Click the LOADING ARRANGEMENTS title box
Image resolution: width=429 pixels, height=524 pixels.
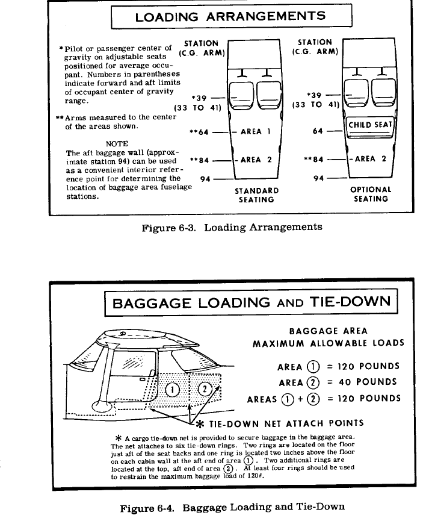(231, 16)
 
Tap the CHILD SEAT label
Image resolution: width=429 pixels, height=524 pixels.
(370, 125)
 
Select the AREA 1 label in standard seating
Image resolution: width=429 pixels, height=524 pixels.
(255, 131)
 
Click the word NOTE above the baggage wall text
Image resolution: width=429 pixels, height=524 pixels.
(117, 144)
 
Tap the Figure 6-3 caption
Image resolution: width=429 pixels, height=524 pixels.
(232, 227)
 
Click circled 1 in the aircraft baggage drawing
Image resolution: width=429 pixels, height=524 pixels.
(172, 388)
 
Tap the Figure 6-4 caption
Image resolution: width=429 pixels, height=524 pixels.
(233, 508)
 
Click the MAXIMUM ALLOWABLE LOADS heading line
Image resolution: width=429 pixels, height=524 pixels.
(329, 344)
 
